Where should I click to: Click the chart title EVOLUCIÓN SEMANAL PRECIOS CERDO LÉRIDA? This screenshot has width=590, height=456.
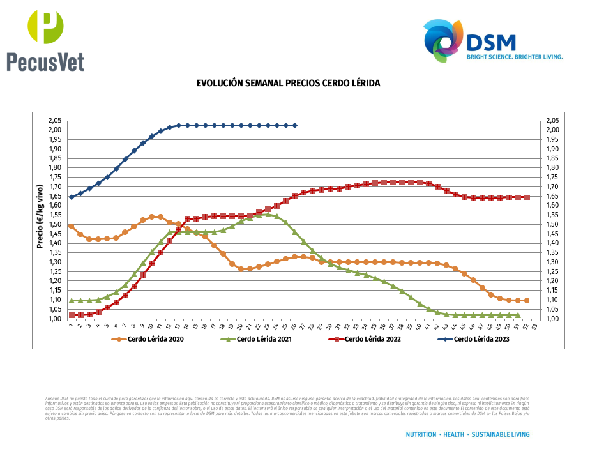click(288, 84)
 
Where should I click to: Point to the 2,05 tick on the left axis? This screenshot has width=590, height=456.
click(54, 121)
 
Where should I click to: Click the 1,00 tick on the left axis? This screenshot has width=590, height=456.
click(54, 319)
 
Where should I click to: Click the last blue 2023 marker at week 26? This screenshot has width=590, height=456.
click(294, 125)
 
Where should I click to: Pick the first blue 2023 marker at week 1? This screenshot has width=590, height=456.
click(72, 197)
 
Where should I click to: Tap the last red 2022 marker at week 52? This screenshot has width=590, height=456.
click(527, 197)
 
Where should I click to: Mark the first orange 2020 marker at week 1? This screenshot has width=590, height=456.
click(72, 226)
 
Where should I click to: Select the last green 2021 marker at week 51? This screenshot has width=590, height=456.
click(518, 315)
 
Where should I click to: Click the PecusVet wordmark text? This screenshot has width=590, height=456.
click(45, 61)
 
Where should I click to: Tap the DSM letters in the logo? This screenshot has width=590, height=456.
click(490, 42)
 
